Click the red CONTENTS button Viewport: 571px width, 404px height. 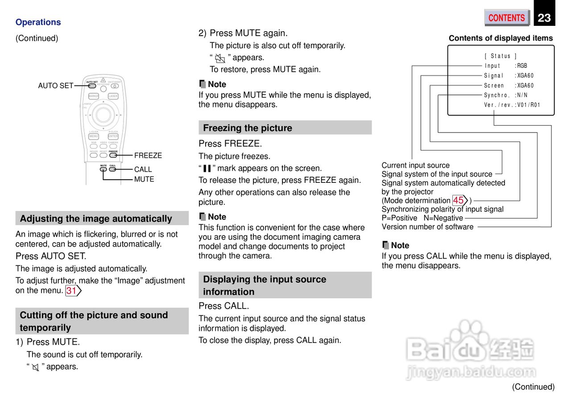(x=506, y=18)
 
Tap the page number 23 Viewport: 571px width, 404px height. (x=544, y=18)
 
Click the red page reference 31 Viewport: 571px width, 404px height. (x=71, y=291)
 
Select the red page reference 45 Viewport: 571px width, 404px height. (x=459, y=200)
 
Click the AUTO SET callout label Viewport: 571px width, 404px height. (x=55, y=86)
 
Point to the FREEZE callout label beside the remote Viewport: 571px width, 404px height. (x=148, y=155)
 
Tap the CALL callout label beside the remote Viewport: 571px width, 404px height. (x=143, y=169)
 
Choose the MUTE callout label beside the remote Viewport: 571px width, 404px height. (x=144, y=179)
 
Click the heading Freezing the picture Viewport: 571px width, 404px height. (x=248, y=128)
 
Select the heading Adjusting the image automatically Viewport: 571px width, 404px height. (x=96, y=218)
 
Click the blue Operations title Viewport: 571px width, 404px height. (x=38, y=22)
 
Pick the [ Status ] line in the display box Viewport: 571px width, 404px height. (x=501, y=56)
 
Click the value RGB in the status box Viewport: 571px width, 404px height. (x=522, y=66)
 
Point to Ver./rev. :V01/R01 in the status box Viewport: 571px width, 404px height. (x=512, y=105)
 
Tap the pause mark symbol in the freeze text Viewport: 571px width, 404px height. (x=207, y=169)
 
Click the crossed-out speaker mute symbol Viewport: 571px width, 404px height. (x=36, y=367)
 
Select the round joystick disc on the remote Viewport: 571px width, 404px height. (x=103, y=115)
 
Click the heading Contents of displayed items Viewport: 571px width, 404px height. (x=501, y=38)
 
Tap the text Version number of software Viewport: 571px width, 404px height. (x=427, y=227)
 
